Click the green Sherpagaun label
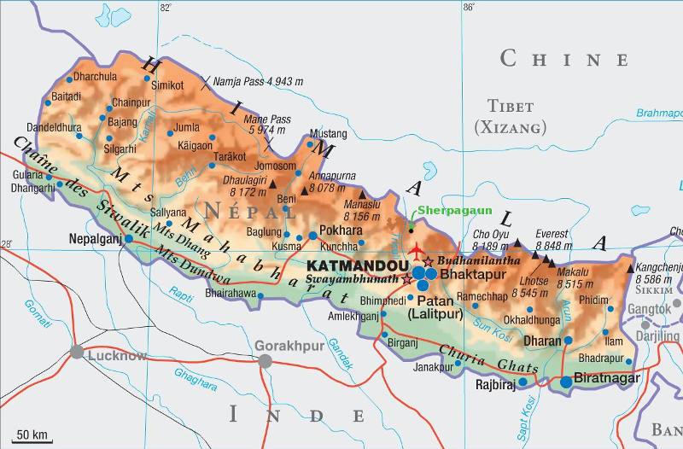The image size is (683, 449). (x=445, y=209)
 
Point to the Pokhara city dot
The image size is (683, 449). (x=312, y=235)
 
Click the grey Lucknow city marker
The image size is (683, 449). (x=78, y=352)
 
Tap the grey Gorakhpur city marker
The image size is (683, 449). (x=266, y=361)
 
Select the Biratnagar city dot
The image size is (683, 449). (x=566, y=382)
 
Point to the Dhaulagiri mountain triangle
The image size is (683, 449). (x=273, y=184)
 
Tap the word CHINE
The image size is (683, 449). (x=564, y=59)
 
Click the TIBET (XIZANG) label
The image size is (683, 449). (x=510, y=117)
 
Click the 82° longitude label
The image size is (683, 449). (x=165, y=8)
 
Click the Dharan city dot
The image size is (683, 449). (x=568, y=341)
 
